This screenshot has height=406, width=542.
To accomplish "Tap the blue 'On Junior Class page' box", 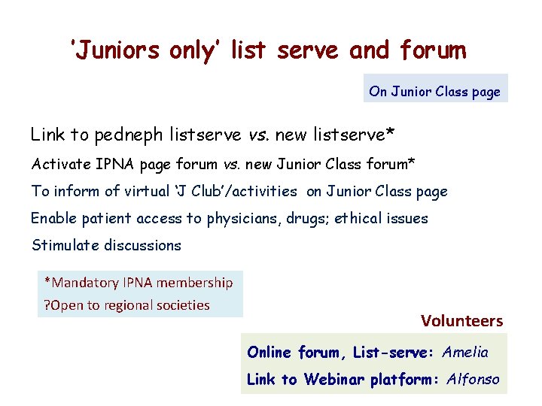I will pyautogui.click(x=434, y=91).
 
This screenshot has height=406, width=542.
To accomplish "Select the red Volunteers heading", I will pyautogui.click(x=461, y=321).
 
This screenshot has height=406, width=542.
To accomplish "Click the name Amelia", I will pyautogui.click(x=465, y=352).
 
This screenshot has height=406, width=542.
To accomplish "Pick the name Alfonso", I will pyautogui.click(x=473, y=379).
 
